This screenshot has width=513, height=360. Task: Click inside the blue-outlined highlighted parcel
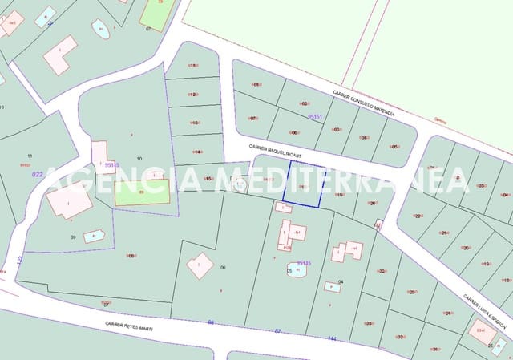coord(304,186)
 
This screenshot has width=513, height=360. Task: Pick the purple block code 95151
coord(315,117)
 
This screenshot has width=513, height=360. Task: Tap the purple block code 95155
coord(111,164)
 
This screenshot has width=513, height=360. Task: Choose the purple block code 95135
coord(304,262)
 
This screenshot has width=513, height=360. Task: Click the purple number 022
coord(37,173)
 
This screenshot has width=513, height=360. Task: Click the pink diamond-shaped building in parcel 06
coord(200,265)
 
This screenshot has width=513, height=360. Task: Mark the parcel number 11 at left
coord(30,156)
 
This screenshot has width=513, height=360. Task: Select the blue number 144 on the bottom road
coord(330,338)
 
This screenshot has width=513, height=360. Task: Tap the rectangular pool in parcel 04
coord(332,286)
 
